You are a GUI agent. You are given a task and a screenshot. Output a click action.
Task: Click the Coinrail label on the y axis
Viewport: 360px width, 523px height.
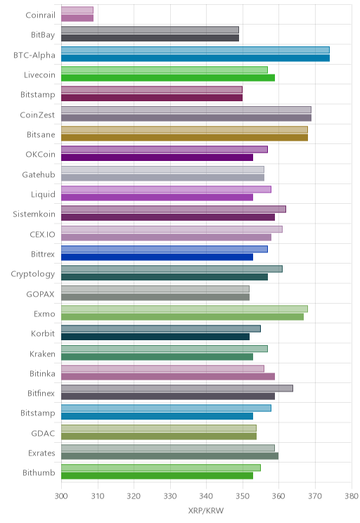pos(40,15)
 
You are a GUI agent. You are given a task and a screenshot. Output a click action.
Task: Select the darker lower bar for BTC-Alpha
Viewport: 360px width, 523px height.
pos(195,58)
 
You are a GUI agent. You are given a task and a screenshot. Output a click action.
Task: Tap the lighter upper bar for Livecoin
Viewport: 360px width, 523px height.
pos(165,70)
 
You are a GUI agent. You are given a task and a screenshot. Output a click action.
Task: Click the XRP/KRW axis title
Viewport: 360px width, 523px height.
pos(206,510)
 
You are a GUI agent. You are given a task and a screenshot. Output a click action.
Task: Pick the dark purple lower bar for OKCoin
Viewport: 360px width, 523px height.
pos(157,157)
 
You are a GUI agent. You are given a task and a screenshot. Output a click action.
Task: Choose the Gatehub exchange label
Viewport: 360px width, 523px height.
pos(39,175)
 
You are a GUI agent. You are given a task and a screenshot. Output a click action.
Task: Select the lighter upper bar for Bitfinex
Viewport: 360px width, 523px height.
pos(177,388)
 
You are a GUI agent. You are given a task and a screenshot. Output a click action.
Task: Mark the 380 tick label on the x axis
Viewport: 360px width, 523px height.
pos(352,496)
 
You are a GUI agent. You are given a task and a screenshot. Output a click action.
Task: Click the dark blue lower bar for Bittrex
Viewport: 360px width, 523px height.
pos(157,257)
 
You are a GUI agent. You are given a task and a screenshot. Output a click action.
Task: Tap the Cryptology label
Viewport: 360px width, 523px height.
pos(33,274)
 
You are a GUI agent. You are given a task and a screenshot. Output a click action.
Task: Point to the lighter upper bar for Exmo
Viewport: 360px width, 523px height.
pos(184,309)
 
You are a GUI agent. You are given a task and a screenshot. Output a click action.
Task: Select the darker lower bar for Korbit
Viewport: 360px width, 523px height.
pos(155,337)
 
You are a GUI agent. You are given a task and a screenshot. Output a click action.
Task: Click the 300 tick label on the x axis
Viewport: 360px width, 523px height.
pos(61,496)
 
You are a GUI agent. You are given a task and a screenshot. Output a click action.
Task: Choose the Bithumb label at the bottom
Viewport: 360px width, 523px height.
pos(39,472)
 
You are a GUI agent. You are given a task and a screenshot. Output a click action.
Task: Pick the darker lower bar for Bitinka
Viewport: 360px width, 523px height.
pos(168,377)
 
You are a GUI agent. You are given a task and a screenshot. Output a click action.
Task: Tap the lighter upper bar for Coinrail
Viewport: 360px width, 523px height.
pos(77,10)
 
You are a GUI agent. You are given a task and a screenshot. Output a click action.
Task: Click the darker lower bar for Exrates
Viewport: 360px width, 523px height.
pos(170,456)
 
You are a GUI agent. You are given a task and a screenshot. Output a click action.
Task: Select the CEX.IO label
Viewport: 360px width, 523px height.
pos(42,235)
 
